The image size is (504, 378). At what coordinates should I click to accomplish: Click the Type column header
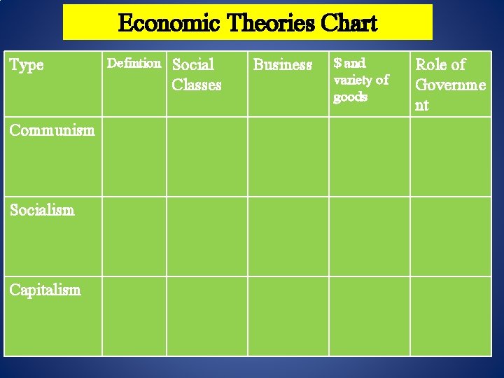point(27,65)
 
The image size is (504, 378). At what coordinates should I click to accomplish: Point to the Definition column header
point(133,64)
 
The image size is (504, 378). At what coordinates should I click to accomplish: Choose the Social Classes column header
point(197,75)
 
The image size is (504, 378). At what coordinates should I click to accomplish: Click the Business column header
point(283,65)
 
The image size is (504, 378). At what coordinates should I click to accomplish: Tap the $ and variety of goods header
point(361,80)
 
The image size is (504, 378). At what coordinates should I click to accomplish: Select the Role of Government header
point(450,85)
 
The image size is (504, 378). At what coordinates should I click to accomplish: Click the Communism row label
point(52,130)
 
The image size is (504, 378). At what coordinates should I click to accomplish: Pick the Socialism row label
point(42,210)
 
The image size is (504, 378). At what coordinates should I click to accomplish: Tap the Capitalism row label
point(45,290)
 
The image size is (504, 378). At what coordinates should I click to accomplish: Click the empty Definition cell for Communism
point(134,156)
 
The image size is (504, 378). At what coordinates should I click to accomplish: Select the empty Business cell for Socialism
point(288,237)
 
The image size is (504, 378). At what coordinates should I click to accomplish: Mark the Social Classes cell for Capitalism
point(206,316)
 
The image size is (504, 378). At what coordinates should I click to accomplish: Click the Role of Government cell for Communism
point(450,156)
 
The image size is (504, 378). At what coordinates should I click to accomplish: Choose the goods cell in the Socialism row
point(369,237)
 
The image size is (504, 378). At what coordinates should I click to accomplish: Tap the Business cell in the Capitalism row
point(288,316)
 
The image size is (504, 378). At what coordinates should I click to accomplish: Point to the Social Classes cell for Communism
point(206,156)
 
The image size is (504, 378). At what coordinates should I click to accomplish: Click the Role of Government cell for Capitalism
point(450,316)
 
